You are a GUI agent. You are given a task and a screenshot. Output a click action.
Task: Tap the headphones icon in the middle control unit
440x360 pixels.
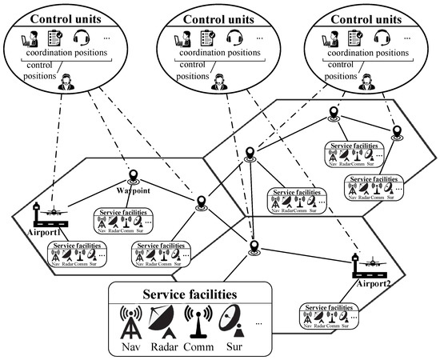click(234, 37)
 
